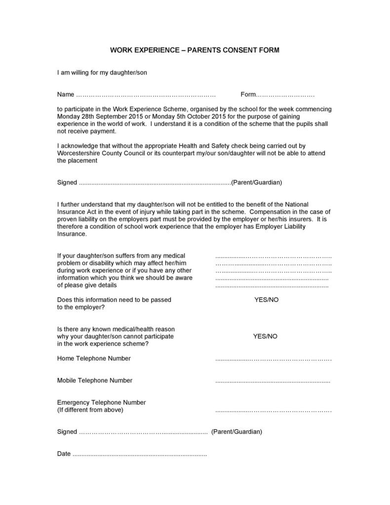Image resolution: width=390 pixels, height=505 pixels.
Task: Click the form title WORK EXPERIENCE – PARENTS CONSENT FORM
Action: (x=195, y=50)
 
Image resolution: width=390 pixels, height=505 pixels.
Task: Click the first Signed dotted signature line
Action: (x=155, y=183)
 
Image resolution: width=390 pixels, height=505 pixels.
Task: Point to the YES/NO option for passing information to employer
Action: (x=266, y=300)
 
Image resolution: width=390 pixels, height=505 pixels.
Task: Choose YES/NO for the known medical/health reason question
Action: (x=265, y=337)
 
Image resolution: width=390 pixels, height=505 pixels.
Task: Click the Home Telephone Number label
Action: (x=94, y=358)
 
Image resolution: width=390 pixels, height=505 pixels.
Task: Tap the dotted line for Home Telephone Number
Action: (x=273, y=359)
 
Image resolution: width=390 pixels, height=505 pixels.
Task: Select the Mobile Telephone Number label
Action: (x=95, y=380)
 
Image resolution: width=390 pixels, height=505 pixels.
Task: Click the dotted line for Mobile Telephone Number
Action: (x=273, y=381)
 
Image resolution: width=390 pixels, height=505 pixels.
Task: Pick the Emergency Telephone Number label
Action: (x=101, y=402)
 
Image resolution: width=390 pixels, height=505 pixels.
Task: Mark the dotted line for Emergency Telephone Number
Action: (x=273, y=410)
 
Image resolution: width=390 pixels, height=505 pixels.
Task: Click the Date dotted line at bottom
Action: (x=140, y=454)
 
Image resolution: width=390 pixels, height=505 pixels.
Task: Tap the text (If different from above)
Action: (x=90, y=410)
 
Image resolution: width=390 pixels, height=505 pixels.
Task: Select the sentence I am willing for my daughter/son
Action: (x=102, y=73)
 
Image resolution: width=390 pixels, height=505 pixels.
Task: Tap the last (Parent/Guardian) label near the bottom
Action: (x=236, y=432)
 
